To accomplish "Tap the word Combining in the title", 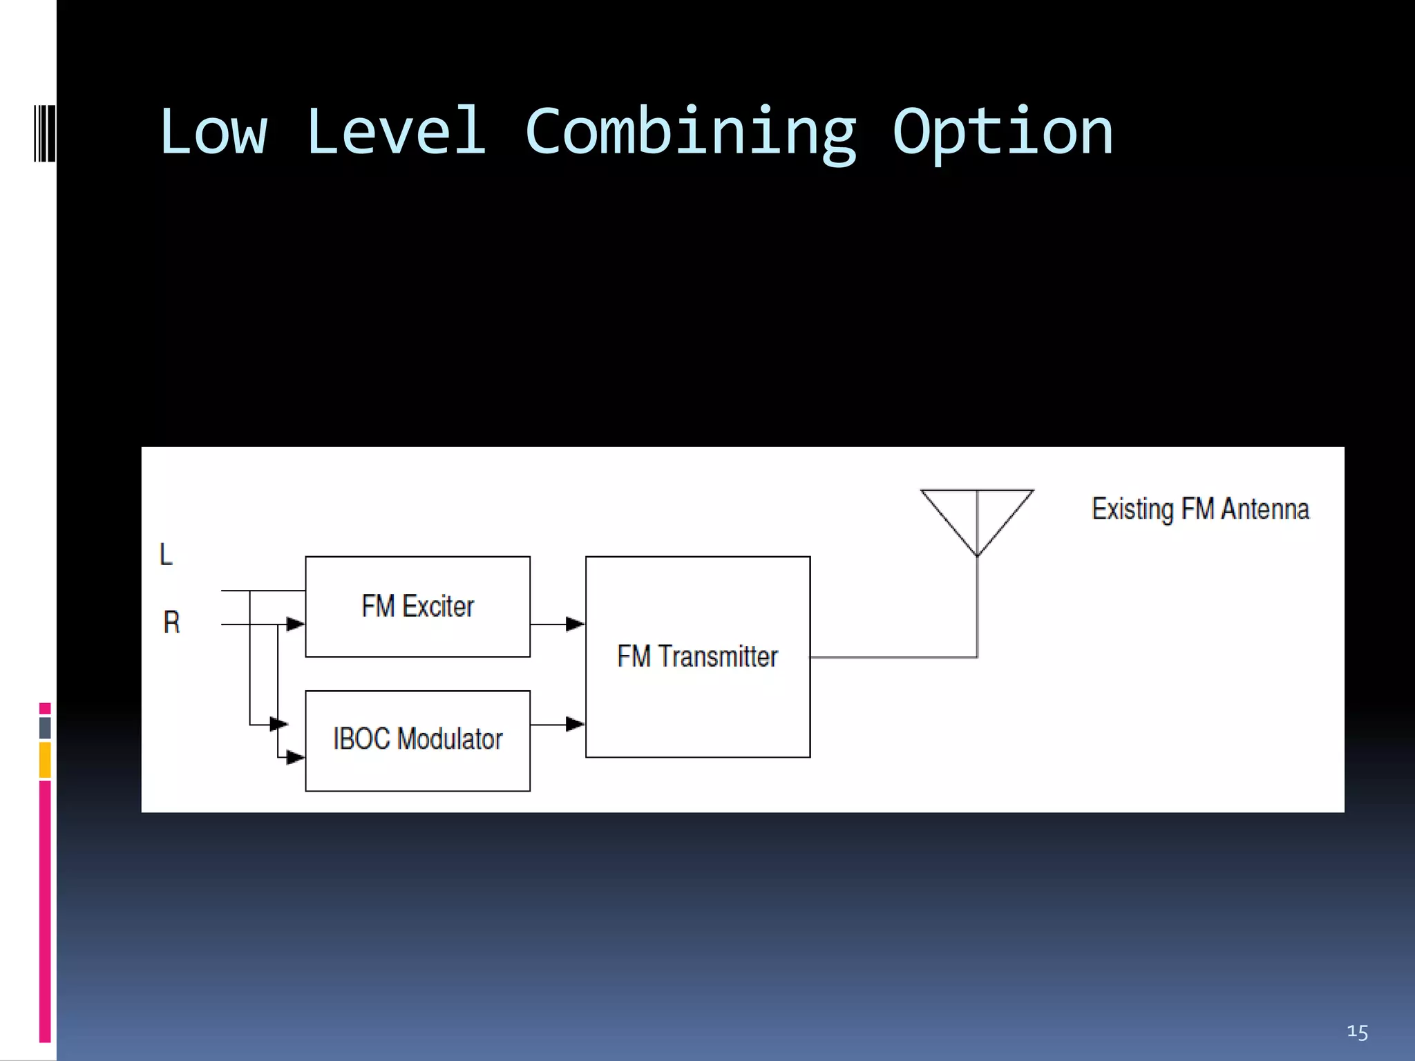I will (x=690, y=133).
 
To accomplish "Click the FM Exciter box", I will (x=417, y=606).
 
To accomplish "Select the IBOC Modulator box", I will (x=417, y=740).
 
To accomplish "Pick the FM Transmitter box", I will (x=697, y=656).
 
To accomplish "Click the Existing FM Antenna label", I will (x=1200, y=509).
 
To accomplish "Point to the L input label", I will (x=166, y=554).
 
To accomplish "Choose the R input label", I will (x=171, y=622).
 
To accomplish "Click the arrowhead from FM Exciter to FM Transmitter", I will (x=575, y=624).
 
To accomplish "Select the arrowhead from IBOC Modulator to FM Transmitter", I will (x=575, y=724).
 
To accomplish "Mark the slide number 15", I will (x=1357, y=1033).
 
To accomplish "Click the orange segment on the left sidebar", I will (x=45, y=760).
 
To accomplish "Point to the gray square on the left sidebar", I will (x=45, y=727).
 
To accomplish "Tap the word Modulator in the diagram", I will (x=450, y=739).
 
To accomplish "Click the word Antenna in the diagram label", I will (x=1264, y=509).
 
